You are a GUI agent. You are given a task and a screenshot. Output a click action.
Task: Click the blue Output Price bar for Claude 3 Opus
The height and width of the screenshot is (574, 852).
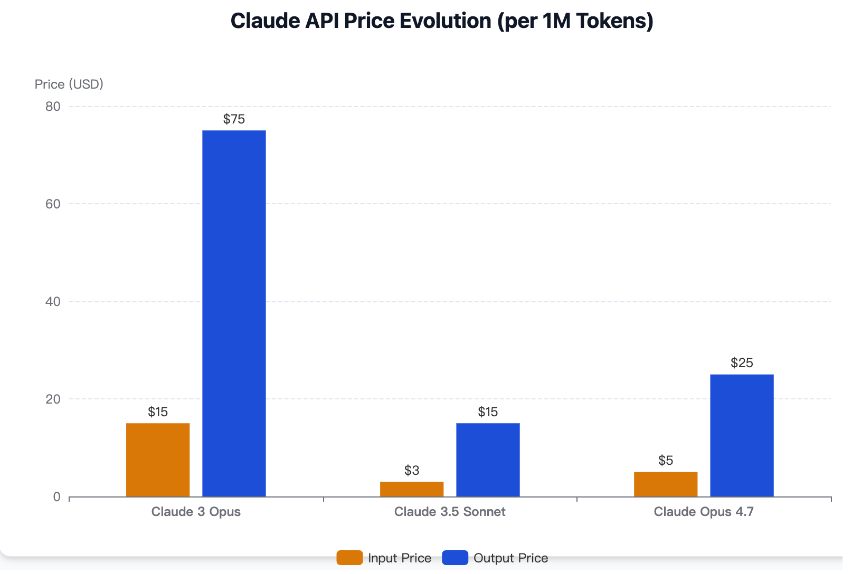click(x=234, y=313)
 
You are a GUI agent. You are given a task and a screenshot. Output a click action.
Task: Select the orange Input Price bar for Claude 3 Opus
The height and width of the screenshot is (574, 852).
click(x=158, y=460)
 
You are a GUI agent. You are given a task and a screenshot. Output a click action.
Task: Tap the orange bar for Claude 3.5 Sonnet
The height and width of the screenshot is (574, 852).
click(x=412, y=489)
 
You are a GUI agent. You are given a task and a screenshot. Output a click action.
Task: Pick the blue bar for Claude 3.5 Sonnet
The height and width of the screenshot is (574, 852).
click(x=488, y=460)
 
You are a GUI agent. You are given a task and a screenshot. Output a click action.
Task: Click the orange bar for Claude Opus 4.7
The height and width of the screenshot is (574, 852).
click(x=666, y=484)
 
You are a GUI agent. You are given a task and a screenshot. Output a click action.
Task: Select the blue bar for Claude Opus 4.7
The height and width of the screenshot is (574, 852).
click(x=742, y=435)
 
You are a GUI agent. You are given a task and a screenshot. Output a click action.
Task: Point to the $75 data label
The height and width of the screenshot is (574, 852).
click(x=234, y=119)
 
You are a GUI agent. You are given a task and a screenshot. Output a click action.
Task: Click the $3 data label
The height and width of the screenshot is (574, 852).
click(x=412, y=470)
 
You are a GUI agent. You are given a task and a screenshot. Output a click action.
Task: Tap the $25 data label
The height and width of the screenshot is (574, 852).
click(x=742, y=363)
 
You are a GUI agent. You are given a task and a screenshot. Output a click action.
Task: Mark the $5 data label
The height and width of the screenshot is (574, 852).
click(x=666, y=461)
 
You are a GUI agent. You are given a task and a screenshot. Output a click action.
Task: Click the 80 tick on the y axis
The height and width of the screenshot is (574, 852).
click(x=53, y=107)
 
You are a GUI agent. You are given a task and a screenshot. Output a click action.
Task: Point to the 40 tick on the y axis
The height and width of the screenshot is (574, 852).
click(x=53, y=302)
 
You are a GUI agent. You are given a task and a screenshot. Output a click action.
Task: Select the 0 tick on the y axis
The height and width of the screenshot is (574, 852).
click(x=56, y=497)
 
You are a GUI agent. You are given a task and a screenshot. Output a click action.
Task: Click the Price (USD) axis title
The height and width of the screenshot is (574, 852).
click(x=69, y=84)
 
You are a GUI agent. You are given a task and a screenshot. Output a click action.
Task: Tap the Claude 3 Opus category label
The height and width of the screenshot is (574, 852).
click(x=196, y=512)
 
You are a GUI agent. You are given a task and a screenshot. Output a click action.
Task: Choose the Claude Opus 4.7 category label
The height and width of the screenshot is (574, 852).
click(x=704, y=512)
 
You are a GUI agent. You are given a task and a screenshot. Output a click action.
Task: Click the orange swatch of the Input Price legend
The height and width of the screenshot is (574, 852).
click(x=349, y=558)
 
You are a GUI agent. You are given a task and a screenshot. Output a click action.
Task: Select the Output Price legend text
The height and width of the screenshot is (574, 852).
click(x=510, y=558)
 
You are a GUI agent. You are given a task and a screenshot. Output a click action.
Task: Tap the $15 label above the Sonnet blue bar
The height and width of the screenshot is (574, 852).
click(x=488, y=412)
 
